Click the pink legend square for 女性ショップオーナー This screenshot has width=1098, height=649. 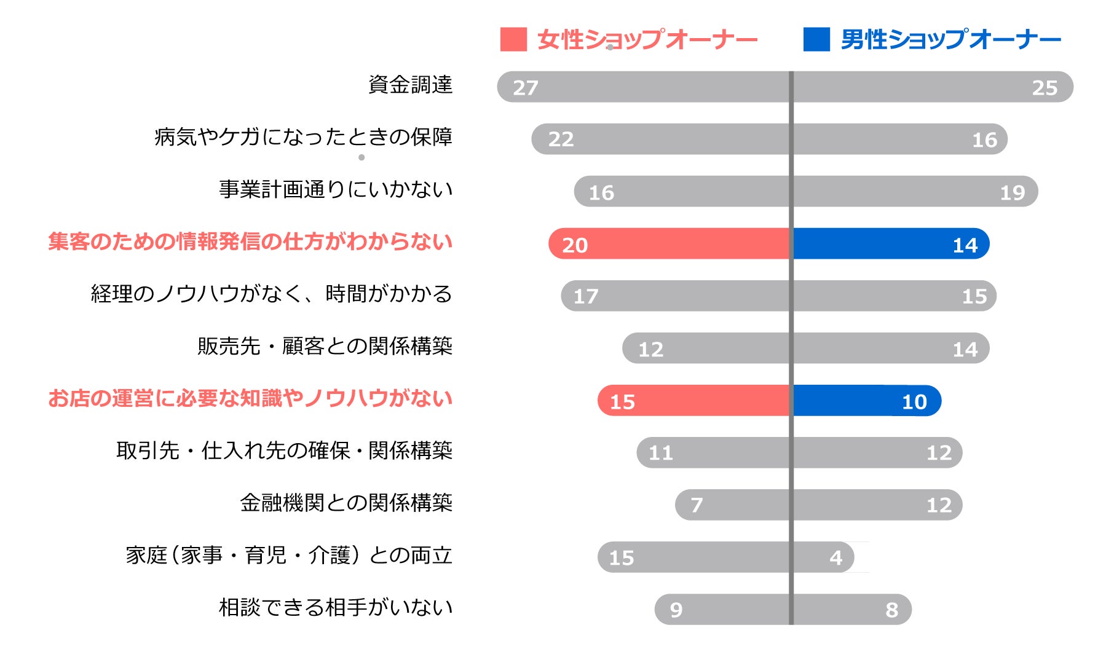(x=513, y=39)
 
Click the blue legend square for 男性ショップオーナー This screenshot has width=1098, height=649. (x=816, y=39)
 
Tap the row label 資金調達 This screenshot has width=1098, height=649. (x=410, y=84)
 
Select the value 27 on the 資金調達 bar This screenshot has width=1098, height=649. (x=526, y=88)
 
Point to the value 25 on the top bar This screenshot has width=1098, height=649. (x=1045, y=88)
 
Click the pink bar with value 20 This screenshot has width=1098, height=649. (x=669, y=244)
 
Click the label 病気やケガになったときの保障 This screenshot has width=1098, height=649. (x=303, y=136)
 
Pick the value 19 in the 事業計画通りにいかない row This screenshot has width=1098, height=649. (x=1012, y=193)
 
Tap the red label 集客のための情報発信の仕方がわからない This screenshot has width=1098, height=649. (x=250, y=242)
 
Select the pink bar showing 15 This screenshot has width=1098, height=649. (x=693, y=401)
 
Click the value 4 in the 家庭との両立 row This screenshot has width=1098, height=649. (x=835, y=557)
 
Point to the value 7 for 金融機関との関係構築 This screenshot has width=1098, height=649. (x=697, y=505)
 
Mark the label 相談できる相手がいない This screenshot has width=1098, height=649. (x=336, y=607)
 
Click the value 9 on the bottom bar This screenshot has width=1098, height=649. (x=676, y=610)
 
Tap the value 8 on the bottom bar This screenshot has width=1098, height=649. (x=891, y=610)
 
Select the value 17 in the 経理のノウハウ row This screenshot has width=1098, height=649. (x=585, y=297)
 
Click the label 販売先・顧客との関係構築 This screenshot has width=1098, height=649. (x=325, y=346)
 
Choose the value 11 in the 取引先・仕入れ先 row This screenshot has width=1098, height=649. (x=661, y=453)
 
